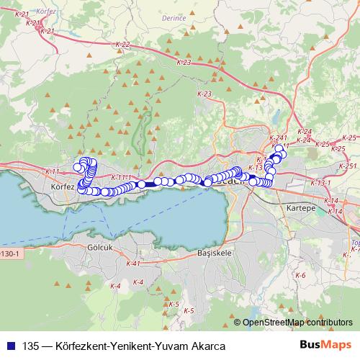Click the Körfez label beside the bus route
tap(64, 186)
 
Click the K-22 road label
tap(122, 45)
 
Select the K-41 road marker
tap(132, 264)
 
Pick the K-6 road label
tap(300, 276)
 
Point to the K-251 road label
tap(348, 166)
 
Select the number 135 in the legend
tap(31, 346)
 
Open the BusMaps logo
tap(326, 345)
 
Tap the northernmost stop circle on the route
tap(279, 148)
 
